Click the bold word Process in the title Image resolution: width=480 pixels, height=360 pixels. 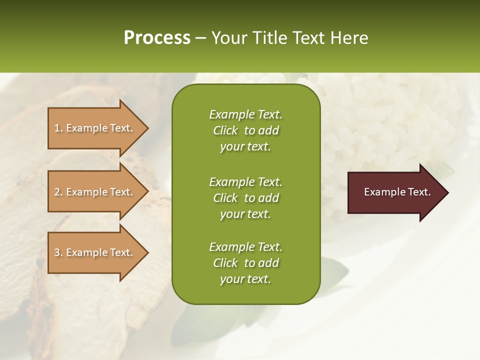click(x=157, y=38)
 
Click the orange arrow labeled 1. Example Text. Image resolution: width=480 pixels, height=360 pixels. click(x=95, y=128)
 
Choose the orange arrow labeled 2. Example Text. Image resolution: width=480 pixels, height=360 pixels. click(x=95, y=192)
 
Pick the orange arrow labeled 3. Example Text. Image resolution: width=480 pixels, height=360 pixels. click(x=95, y=252)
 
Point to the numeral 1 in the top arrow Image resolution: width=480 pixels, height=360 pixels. click(x=57, y=128)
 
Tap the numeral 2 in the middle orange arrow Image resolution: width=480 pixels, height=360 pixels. click(x=57, y=192)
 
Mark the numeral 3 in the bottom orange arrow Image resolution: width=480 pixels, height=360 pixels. click(x=57, y=252)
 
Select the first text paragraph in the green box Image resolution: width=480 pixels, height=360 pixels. click(x=245, y=130)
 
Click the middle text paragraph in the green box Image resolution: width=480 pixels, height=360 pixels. click(x=245, y=197)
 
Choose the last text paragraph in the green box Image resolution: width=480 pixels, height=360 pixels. click(x=245, y=263)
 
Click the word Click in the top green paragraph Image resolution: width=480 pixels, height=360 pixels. click(x=225, y=130)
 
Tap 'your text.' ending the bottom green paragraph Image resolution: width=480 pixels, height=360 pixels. click(x=245, y=279)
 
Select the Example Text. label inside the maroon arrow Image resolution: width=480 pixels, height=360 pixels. click(x=397, y=192)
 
